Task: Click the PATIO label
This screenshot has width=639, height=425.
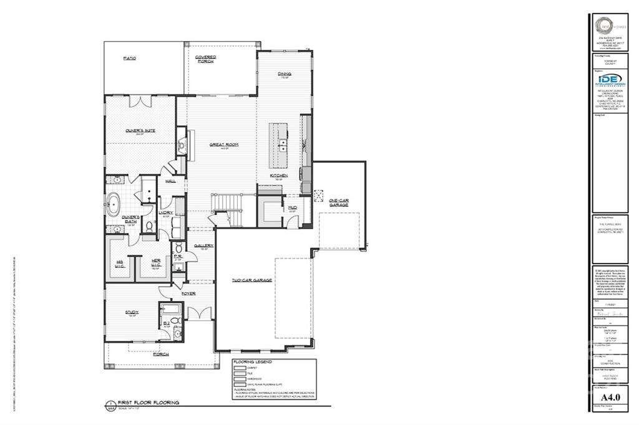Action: pyautogui.click(x=130, y=58)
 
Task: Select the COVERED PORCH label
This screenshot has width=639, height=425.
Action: pyautogui.click(x=205, y=59)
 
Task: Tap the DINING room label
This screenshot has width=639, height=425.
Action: pyautogui.click(x=285, y=74)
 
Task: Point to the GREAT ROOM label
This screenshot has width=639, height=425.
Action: pyautogui.click(x=223, y=145)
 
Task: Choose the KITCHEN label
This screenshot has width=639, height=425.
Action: pyautogui.click(x=278, y=176)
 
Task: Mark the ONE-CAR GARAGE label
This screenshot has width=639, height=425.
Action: pyautogui.click(x=339, y=203)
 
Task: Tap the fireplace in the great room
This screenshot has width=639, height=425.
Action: pyautogui.click(x=182, y=145)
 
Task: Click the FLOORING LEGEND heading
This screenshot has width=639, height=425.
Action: pyautogui.click(x=252, y=361)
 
